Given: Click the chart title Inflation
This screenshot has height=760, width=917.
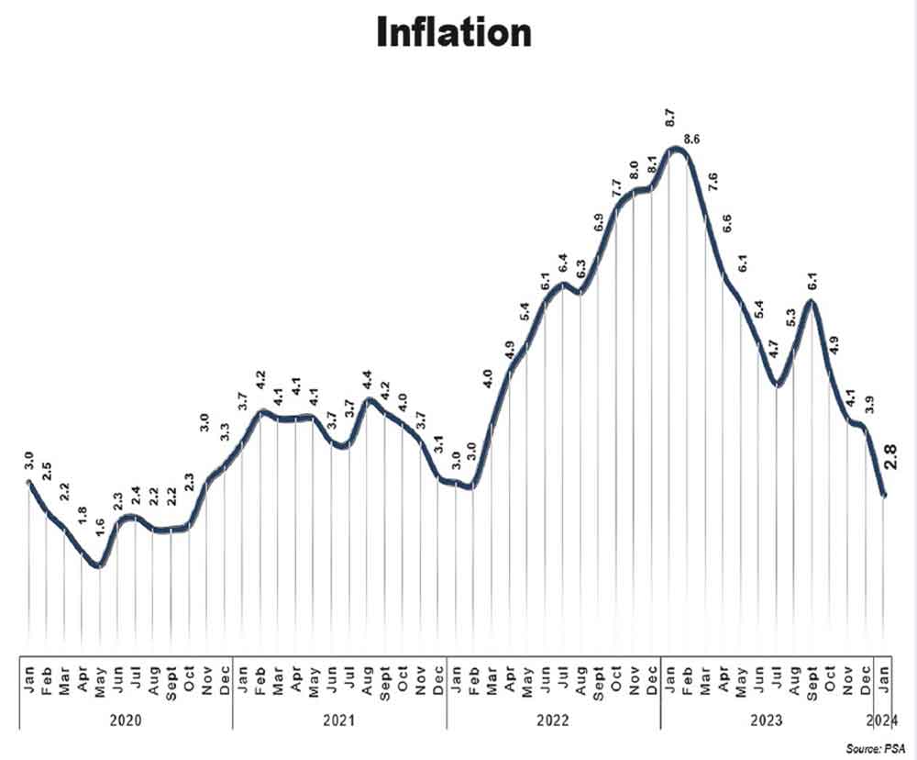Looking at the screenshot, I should [x=453, y=33].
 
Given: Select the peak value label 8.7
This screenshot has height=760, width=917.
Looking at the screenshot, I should [x=670, y=118].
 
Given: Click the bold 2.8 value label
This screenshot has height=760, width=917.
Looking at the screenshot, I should [x=889, y=456].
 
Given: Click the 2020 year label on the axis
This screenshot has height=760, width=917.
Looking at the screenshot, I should [x=126, y=721].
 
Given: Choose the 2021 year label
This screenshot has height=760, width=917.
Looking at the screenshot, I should [x=339, y=721].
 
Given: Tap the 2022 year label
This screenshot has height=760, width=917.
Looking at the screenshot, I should [x=553, y=721].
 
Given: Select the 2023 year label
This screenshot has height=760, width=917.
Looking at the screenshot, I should [x=767, y=721].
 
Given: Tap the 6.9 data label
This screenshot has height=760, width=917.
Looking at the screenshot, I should [x=598, y=222].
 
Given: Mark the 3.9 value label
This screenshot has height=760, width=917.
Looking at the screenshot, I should [x=867, y=404].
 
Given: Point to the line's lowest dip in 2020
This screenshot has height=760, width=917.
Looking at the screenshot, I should [x=99, y=565].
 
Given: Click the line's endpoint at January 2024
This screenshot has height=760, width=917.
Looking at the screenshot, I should [x=884, y=495].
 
